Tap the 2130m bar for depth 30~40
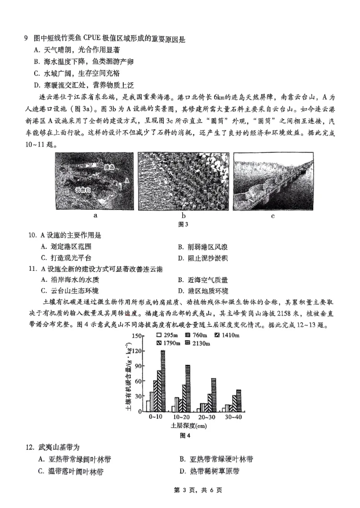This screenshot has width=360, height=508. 238,401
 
